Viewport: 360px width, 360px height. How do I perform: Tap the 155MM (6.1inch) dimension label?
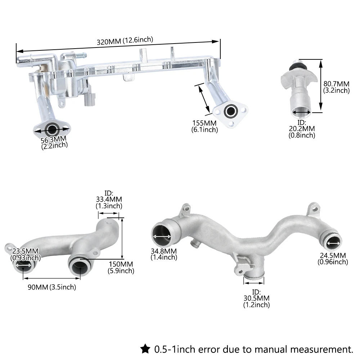tap(204, 126)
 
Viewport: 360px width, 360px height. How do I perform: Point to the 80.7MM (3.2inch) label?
tap(336, 87)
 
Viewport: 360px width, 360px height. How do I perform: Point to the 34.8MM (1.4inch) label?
tap(164, 254)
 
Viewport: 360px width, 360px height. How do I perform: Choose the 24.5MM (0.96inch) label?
tap(333, 258)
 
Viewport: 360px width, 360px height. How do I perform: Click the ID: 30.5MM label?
tap(256, 298)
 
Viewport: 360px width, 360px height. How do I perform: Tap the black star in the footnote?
tap(145, 348)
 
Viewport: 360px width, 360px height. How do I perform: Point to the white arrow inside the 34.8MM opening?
tap(162, 237)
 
